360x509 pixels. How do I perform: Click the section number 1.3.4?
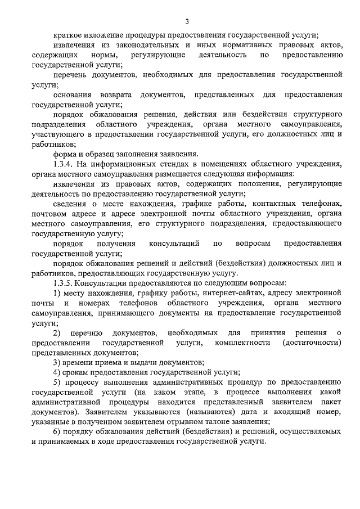(x=64, y=164)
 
